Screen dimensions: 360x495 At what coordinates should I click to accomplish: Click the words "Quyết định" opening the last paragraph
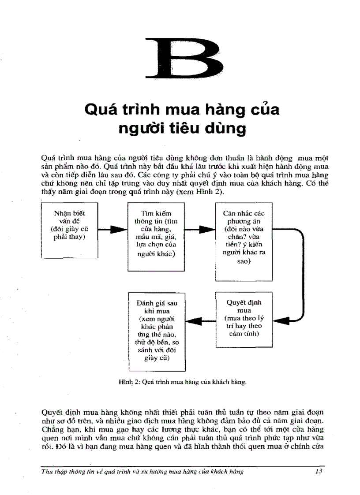(59, 412)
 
